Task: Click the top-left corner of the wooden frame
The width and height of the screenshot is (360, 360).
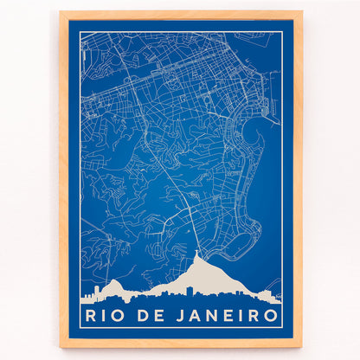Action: pos(61,13)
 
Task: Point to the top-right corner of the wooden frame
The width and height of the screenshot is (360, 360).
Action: pos(300,13)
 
